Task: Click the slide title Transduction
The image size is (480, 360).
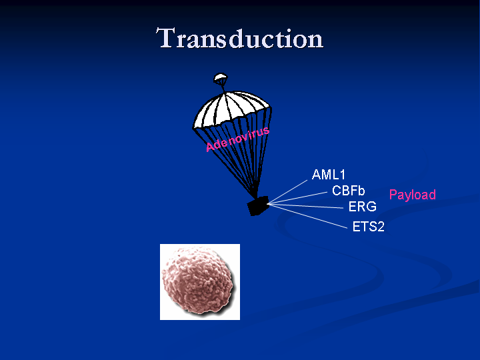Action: [x=240, y=38]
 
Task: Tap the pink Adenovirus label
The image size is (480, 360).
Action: [x=237, y=139]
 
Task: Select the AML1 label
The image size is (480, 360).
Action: [x=329, y=175]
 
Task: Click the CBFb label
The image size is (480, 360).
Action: [x=349, y=191]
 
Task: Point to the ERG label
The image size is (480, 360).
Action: [x=363, y=207]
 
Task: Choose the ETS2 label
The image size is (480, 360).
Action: [x=368, y=227]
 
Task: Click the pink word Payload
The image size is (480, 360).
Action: [x=413, y=195]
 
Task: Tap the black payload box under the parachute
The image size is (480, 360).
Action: [x=258, y=206]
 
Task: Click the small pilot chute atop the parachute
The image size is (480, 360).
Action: [x=221, y=78]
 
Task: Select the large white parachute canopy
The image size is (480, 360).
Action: [x=232, y=109]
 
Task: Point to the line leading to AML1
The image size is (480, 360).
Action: [x=287, y=192]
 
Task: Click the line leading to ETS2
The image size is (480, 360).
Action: [x=307, y=217]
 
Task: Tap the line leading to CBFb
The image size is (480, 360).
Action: [x=297, y=198]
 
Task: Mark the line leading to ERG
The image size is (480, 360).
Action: [x=305, y=206]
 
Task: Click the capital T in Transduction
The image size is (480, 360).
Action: [x=167, y=37]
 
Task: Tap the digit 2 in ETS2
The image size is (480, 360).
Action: [x=381, y=227]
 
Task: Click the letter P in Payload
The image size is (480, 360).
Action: [x=393, y=195]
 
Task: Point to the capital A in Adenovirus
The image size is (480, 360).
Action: [x=210, y=147]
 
